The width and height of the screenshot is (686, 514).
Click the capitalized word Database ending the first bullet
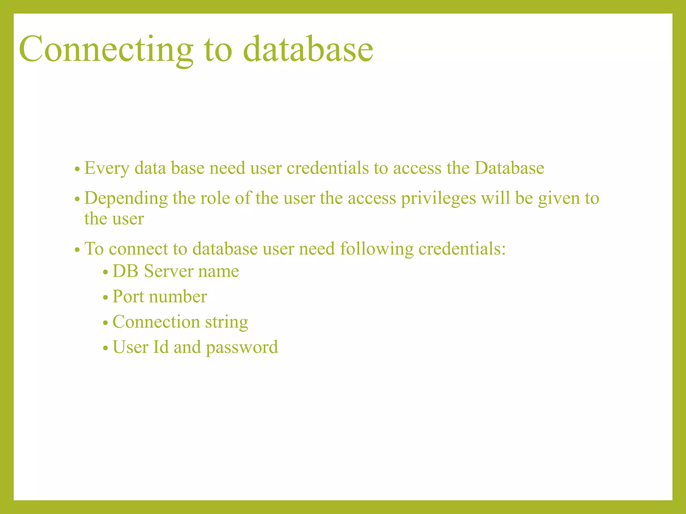pos(509,168)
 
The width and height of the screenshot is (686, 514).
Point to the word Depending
pos(126,198)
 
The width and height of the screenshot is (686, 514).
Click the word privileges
pos(438,198)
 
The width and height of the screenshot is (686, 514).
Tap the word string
pos(226,322)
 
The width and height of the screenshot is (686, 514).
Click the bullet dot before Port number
pos(106,297)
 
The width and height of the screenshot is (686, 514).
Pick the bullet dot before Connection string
pos(106,323)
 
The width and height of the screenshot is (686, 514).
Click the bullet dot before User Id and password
pos(106,348)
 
